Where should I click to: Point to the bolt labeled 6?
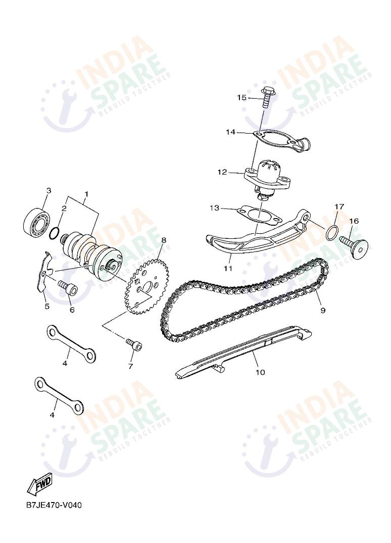(x=68, y=288)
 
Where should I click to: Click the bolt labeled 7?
(x=135, y=345)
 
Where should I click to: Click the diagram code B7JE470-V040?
(x=54, y=506)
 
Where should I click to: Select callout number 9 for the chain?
(x=323, y=311)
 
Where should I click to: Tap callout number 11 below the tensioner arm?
(x=228, y=268)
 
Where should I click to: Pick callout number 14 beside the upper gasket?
(x=230, y=132)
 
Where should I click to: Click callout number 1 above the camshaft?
(x=86, y=194)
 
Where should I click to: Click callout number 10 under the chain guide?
(x=260, y=373)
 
